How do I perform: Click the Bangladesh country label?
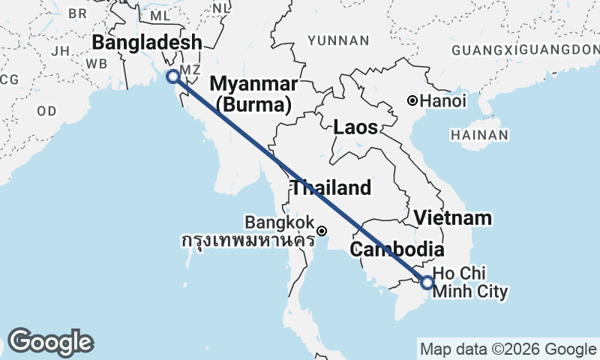147,42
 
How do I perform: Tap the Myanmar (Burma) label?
253,93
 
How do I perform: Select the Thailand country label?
331,187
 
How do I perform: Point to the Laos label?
355,127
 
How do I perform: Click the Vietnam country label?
454,218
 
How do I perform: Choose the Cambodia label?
397,249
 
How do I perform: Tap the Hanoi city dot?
412,100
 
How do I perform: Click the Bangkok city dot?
322,231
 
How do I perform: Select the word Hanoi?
443,100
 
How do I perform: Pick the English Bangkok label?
280,223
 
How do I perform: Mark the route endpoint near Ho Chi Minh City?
427,283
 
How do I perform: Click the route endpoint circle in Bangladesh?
173,76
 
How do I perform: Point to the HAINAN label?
479,135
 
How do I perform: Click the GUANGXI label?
489,49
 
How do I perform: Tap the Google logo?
50,342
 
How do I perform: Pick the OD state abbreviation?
46,111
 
